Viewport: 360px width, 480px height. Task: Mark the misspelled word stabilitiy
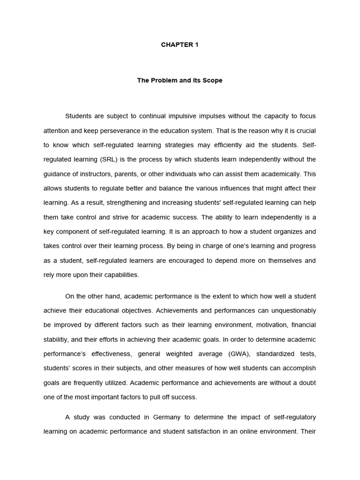coord(58,340)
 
